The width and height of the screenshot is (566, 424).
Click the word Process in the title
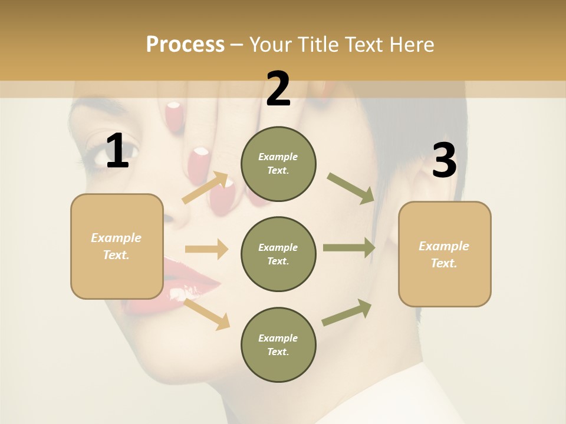point(185,44)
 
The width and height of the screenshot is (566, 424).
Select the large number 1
point(117,151)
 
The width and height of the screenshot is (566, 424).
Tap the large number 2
point(278,89)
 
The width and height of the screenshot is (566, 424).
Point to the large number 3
point(444,161)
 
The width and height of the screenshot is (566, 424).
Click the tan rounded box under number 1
point(117,246)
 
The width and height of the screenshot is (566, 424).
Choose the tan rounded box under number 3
point(445,254)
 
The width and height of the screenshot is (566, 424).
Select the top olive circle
point(278,164)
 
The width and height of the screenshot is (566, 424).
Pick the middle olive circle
point(278,254)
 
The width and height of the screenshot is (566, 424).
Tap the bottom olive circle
point(278,344)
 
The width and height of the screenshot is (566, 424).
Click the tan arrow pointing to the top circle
point(205,188)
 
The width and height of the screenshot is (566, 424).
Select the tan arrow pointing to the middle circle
point(206,249)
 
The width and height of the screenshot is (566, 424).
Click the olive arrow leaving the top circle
point(351,188)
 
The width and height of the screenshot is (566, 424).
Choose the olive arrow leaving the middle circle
point(348,247)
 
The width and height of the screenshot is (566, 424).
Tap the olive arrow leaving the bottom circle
point(347,312)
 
